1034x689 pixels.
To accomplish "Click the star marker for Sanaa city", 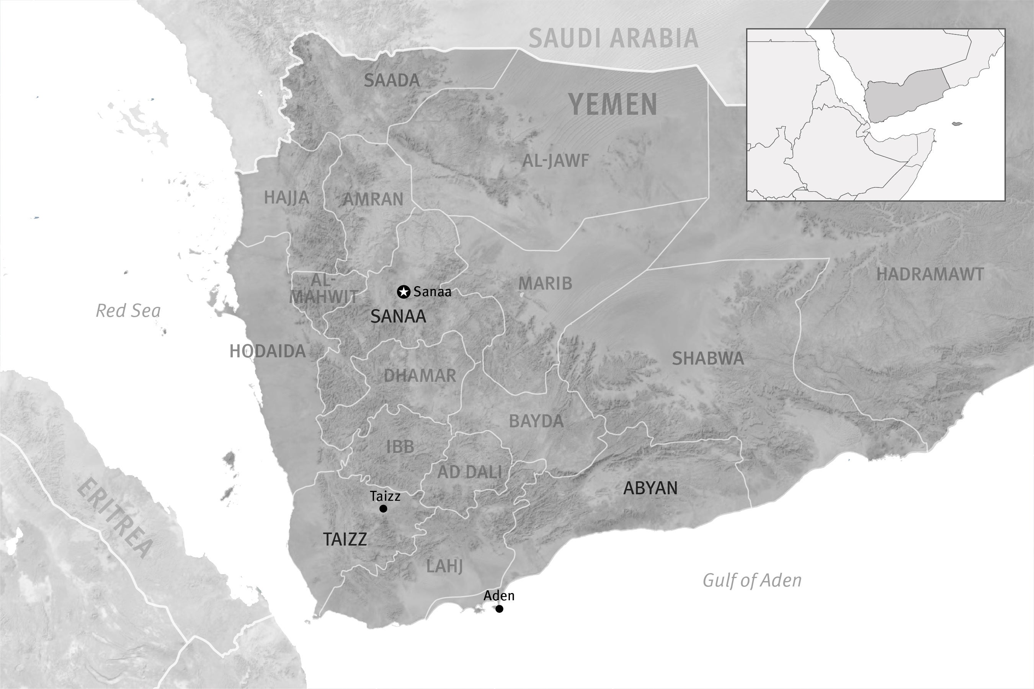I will (403, 292).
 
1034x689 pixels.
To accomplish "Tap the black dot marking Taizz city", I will (383, 508).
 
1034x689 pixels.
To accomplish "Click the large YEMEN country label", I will (613, 104).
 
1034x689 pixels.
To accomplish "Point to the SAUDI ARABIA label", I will (613, 38).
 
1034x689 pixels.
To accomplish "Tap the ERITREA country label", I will (116, 518).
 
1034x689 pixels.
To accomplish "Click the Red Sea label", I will (128, 311).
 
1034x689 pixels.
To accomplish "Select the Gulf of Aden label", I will (752, 580).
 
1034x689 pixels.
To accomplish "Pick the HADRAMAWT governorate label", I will (930, 275).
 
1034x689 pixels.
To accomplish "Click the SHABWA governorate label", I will (708, 358).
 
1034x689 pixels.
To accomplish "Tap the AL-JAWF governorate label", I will (555, 161).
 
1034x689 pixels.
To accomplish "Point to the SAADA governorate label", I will (392, 80).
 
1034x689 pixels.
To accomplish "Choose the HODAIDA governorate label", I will (267, 351).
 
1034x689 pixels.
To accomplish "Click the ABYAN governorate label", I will (650, 488).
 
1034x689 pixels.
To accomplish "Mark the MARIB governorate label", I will (545, 283).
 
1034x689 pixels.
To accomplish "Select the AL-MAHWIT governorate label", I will (323, 288).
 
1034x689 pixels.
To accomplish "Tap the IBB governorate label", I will (400, 447).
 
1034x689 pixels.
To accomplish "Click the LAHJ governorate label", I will (444, 567).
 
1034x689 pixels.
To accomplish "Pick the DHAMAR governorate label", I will (420, 376).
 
